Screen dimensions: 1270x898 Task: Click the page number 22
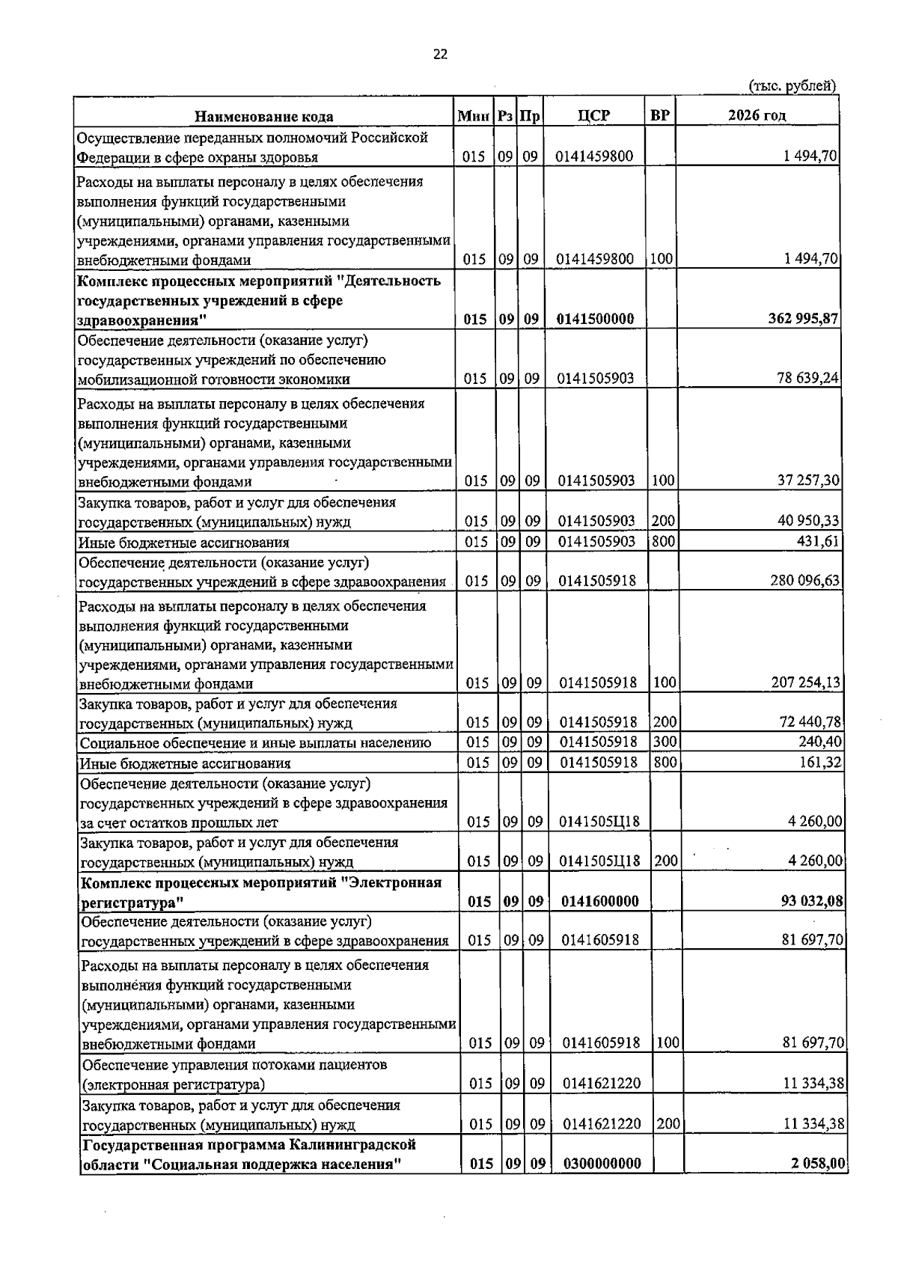click(x=440, y=54)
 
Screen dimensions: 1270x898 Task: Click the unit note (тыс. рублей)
click(x=792, y=86)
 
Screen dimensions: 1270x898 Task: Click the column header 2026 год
click(x=757, y=115)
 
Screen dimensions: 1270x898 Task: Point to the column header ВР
click(x=659, y=115)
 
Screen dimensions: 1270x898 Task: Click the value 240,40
click(x=821, y=742)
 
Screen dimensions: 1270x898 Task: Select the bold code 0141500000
click(x=595, y=319)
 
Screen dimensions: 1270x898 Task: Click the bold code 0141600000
click(x=600, y=901)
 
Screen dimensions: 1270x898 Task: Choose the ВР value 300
click(x=664, y=742)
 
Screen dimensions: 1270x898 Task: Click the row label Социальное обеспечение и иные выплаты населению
click(x=255, y=743)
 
